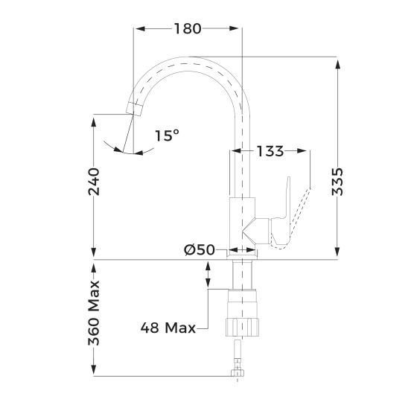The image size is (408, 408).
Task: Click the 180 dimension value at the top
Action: (x=187, y=29)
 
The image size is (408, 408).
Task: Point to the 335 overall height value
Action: (x=338, y=181)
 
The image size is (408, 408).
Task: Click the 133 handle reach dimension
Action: (x=270, y=151)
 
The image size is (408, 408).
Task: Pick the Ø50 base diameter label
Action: (x=199, y=251)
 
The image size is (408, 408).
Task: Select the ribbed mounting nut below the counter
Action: (x=243, y=325)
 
